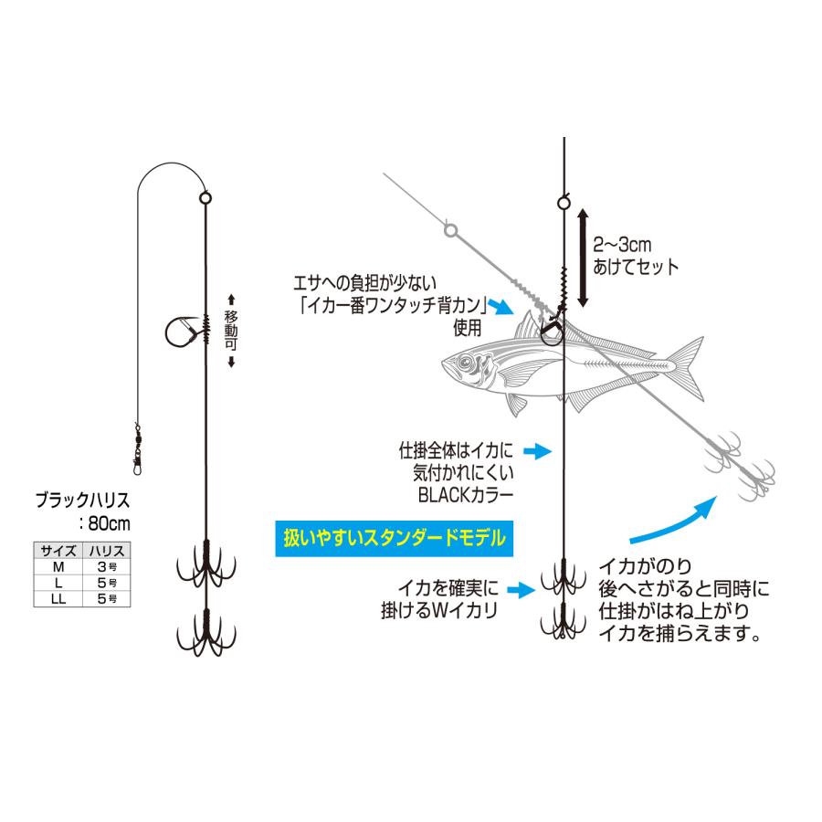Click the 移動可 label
232,330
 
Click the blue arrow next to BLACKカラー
540,450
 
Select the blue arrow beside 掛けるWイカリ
520,591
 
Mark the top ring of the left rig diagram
205,196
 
